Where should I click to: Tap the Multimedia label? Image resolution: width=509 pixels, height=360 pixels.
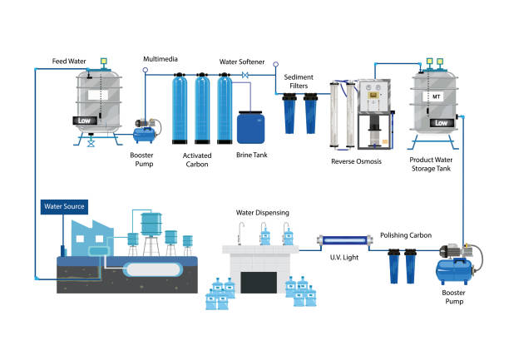tap(161, 59)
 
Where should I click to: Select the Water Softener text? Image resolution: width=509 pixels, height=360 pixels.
tap(241, 61)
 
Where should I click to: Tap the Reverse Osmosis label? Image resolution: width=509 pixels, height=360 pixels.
tap(356, 161)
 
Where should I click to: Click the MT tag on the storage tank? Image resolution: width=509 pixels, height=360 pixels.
tap(436, 97)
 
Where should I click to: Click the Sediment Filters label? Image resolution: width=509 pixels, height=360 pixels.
tap(302, 81)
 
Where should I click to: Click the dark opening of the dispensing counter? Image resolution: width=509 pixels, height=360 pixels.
tap(258, 282)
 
